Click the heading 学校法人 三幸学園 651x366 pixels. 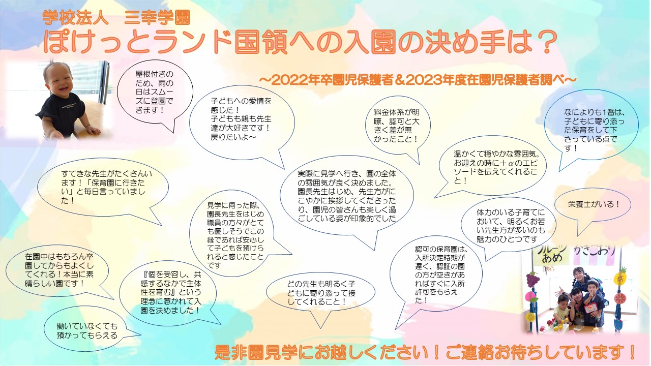click(x=116, y=17)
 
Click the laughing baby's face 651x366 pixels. click(x=60, y=79)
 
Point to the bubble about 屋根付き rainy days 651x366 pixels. click(x=155, y=93)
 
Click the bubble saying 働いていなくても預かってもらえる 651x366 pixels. click(x=87, y=330)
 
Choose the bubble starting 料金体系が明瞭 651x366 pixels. click(x=397, y=126)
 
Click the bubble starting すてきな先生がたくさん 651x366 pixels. click(x=103, y=188)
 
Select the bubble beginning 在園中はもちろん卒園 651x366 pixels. click(x=57, y=270)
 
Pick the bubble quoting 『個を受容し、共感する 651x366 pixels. click(x=168, y=292)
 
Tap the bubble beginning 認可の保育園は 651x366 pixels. click(x=436, y=274)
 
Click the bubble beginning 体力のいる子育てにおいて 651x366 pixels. click(x=509, y=226)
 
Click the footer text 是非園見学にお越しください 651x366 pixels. click(x=424, y=352)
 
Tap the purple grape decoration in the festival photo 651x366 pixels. click(x=532, y=280)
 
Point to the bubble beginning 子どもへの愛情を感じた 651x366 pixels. click(x=242, y=122)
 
